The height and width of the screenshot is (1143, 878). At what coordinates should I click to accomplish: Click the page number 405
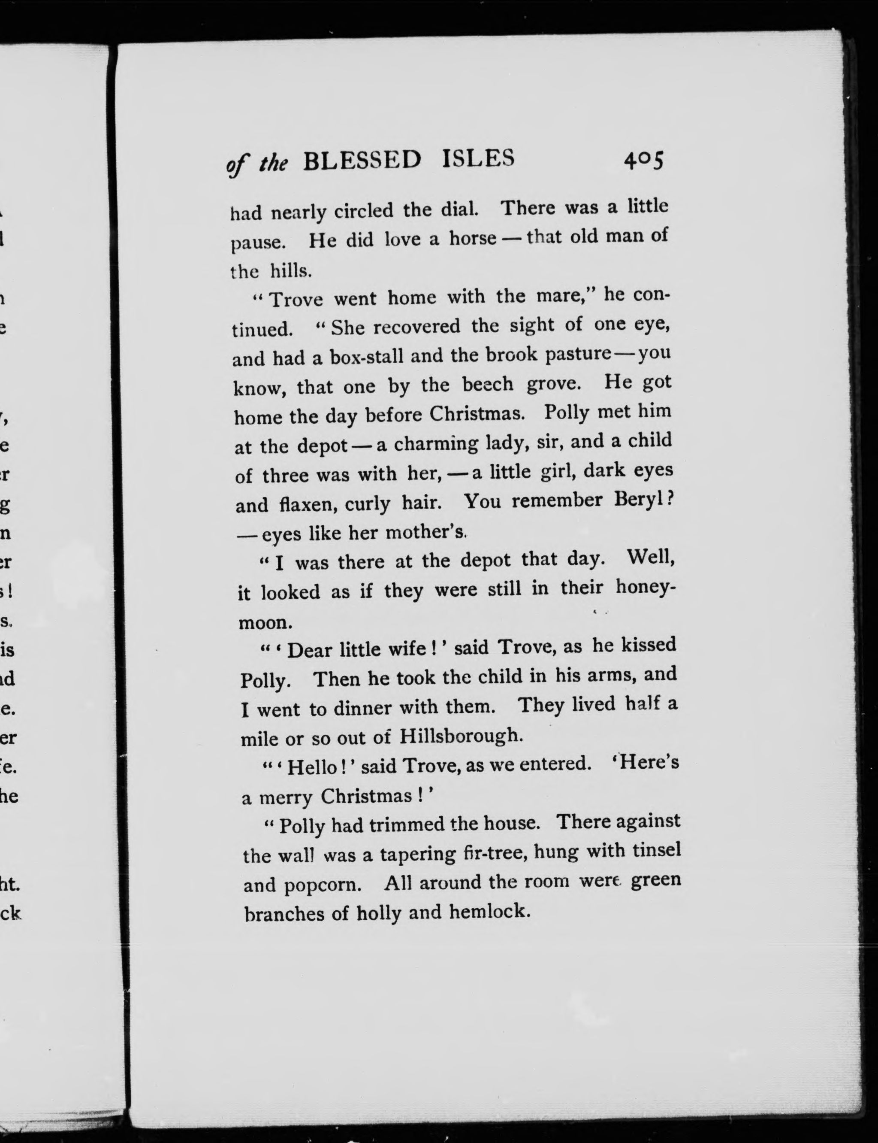pos(643,160)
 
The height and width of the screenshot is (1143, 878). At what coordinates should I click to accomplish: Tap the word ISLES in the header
pos(478,158)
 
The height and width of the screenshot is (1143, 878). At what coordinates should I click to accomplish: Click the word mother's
pos(425,532)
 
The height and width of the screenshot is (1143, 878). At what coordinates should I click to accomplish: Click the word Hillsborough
pos(461,736)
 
